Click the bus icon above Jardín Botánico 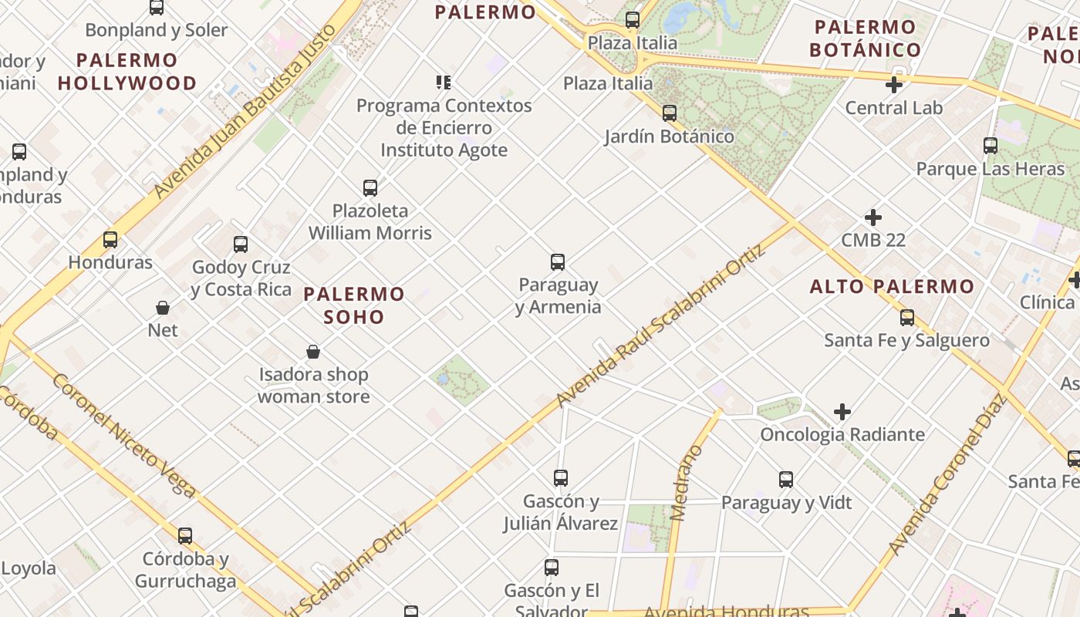[669, 113]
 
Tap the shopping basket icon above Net [163, 308]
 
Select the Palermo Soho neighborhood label [354, 305]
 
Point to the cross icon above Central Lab [894, 85]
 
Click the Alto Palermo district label [892, 287]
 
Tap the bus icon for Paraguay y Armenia [558, 262]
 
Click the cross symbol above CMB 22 [873, 217]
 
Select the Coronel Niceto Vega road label [123, 435]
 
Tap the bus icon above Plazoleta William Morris [370, 188]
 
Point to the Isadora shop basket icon [313, 352]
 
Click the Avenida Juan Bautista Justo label [245, 111]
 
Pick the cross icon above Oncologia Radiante [842, 412]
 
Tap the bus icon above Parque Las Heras [991, 146]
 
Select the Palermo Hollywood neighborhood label [127, 72]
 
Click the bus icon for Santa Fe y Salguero [907, 318]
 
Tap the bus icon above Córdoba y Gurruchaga [185, 536]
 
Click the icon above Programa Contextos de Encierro [444, 83]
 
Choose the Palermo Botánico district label [866, 39]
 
